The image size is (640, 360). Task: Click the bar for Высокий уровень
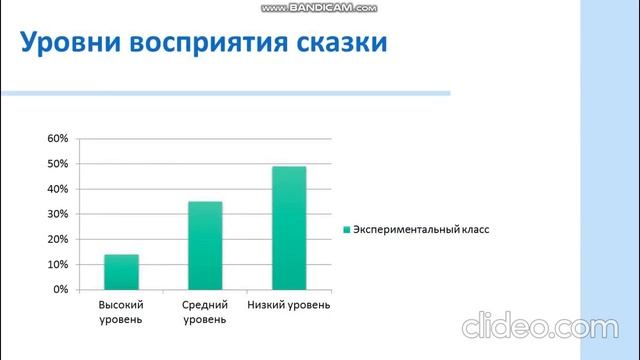(x=121, y=272)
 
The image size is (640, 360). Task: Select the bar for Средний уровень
(x=205, y=245)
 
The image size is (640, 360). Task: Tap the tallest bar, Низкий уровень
(x=289, y=228)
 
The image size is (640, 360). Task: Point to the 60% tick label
(x=57, y=138)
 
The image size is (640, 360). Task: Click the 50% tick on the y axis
(x=57, y=163)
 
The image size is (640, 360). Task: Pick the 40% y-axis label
(x=57, y=189)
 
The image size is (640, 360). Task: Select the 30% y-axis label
(x=57, y=214)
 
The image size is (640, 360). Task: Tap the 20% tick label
(x=57, y=239)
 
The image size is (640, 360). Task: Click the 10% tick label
(x=57, y=264)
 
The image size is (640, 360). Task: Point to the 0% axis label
(x=60, y=289)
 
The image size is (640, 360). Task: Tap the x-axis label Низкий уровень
(x=289, y=304)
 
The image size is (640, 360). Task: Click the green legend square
(x=346, y=229)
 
